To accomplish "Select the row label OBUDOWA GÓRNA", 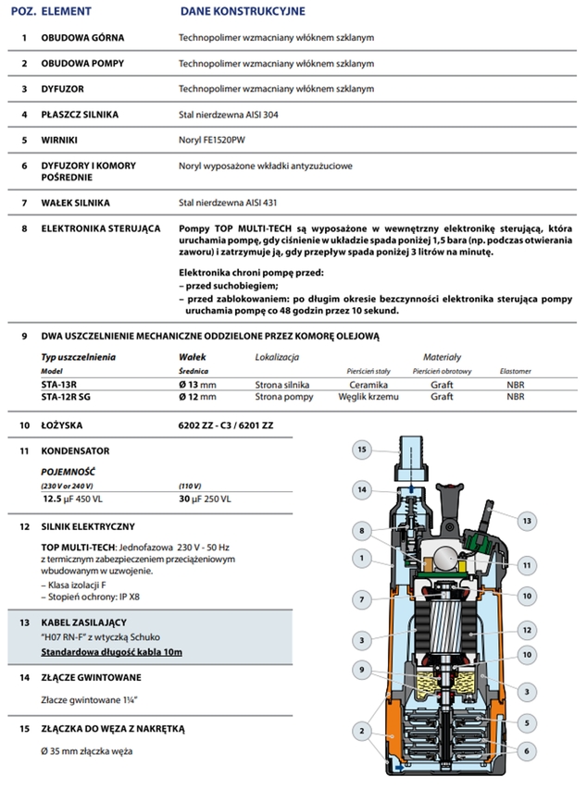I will coord(82,39).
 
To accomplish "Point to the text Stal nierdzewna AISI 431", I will coord(226,202).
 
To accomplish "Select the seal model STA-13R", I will coord(60,383).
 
